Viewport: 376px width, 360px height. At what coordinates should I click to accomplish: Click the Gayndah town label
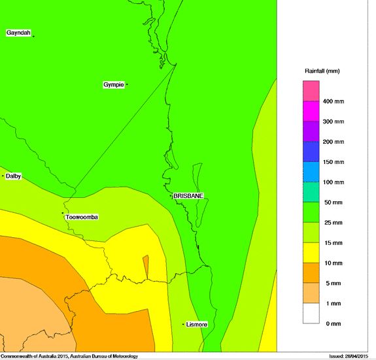point(18,33)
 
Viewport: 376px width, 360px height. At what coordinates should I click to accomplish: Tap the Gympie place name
point(113,84)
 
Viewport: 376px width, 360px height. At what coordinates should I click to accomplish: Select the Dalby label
point(14,176)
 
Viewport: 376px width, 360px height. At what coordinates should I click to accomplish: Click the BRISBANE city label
point(188,195)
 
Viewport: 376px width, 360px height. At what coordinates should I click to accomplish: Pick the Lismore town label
point(196,324)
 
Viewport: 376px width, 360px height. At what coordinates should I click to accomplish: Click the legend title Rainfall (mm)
point(322,71)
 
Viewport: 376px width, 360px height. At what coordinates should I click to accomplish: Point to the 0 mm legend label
point(333,324)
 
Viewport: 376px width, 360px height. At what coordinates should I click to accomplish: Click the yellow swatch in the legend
point(311,253)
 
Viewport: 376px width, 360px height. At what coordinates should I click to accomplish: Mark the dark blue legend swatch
point(311,152)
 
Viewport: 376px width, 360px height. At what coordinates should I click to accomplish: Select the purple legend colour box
point(311,131)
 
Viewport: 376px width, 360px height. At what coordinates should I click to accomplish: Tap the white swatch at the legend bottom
point(311,314)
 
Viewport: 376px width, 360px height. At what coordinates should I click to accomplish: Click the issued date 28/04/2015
point(350,356)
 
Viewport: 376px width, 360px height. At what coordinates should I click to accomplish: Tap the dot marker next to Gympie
point(127,84)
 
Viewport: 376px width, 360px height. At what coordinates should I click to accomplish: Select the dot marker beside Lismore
point(182,324)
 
